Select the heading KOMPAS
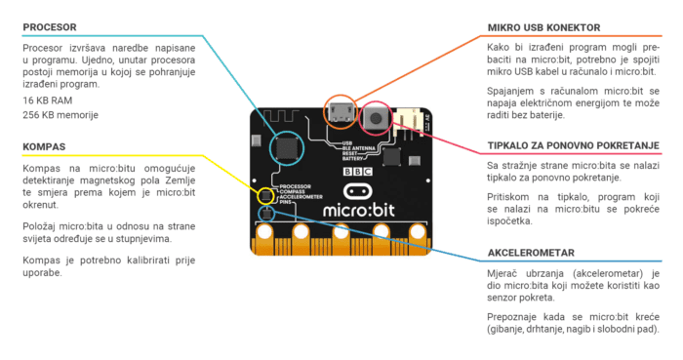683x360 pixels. pyautogui.click(x=45, y=147)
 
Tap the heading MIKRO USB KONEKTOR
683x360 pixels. pyautogui.click(x=543, y=27)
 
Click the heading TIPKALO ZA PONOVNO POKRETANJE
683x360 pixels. pyautogui.click(x=573, y=146)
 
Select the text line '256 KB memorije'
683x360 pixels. pyautogui.click(x=60, y=115)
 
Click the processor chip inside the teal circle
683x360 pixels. pyautogui.click(x=286, y=147)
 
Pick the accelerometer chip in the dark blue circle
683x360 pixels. pyautogui.click(x=264, y=213)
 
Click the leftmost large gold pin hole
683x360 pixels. pyautogui.click(x=266, y=235)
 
